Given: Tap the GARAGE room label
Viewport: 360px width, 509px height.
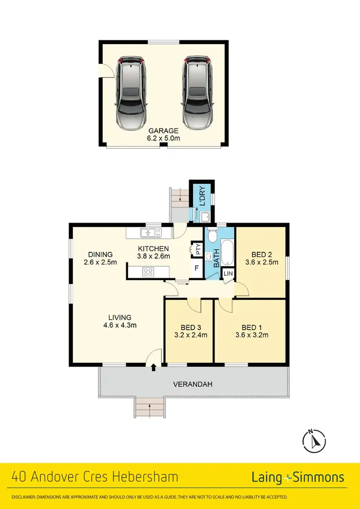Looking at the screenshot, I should pyautogui.click(x=163, y=130).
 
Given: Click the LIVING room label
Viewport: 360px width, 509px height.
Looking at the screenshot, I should pyautogui.click(x=120, y=317).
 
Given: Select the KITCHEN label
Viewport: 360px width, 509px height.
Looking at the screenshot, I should pyautogui.click(x=154, y=249).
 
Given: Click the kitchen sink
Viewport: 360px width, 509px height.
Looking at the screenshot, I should pyautogui.click(x=149, y=233).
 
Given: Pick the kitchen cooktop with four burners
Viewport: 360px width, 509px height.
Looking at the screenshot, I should pyautogui.click(x=148, y=272).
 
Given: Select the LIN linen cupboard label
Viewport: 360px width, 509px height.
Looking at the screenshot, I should pyautogui.click(x=228, y=273).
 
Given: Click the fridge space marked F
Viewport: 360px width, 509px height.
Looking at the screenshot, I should pyautogui.click(x=196, y=269).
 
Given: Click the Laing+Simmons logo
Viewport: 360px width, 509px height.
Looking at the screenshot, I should pyautogui.click(x=298, y=477).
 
